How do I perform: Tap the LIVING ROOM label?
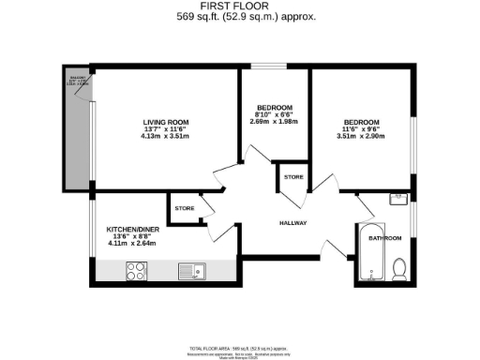(x=166, y=123)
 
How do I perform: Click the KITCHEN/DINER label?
(x=129, y=229)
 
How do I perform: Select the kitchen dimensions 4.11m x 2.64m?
(x=129, y=244)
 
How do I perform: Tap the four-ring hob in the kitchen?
(x=134, y=271)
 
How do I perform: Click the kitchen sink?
(x=193, y=271)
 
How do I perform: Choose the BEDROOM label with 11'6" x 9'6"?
(x=361, y=123)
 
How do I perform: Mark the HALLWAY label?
(x=294, y=222)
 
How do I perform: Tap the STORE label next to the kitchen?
(x=184, y=207)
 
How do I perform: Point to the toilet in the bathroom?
(x=400, y=268)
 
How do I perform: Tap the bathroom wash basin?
(x=397, y=199)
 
